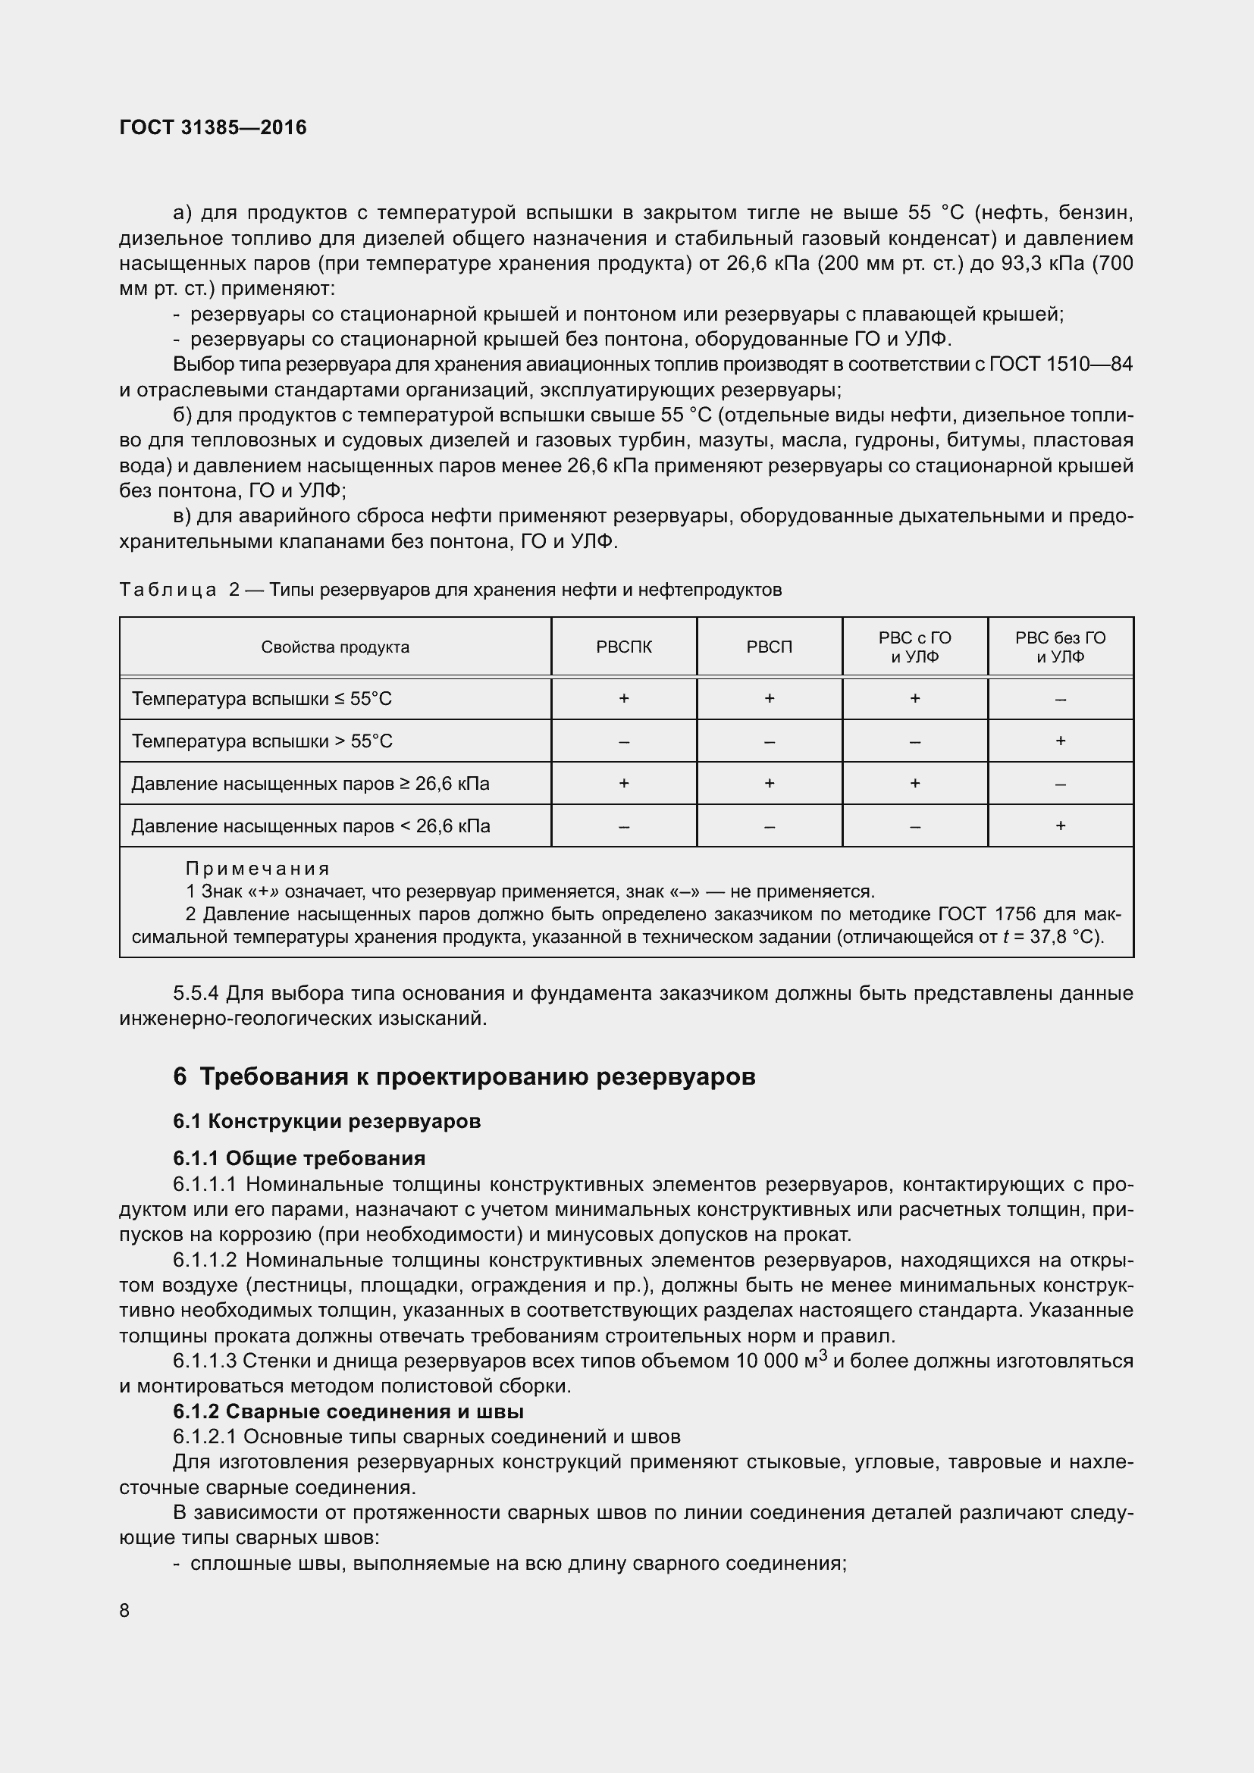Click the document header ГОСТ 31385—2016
(x=213, y=127)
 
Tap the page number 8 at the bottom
(x=125, y=1610)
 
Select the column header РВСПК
(x=624, y=647)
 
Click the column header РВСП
(x=769, y=647)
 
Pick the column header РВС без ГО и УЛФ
(x=1060, y=647)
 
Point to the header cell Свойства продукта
(x=335, y=647)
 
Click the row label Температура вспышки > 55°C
(x=262, y=741)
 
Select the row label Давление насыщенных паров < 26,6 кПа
(x=310, y=826)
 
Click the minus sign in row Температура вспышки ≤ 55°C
(x=1060, y=700)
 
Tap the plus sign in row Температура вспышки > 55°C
(x=1060, y=741)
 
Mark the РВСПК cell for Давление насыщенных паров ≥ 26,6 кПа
(x=624, y=784)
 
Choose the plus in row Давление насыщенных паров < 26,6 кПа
(x=1060, y=826)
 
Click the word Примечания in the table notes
(x=258, y=869)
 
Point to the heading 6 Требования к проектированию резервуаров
(x=463, y=1076)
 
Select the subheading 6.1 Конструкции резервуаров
(x=327, y=1121)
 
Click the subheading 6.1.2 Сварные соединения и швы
(x=348, y=1411)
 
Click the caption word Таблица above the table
(x=168, y=590)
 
